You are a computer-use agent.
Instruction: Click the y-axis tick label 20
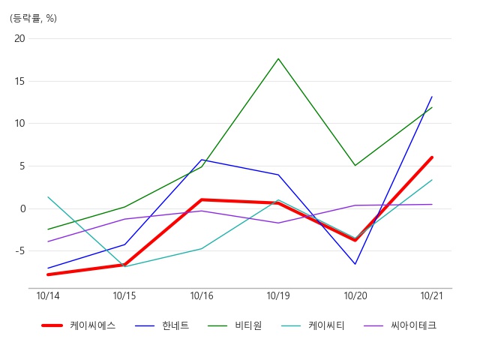click(19, 38)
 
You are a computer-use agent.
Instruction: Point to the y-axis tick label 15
click(19, 82)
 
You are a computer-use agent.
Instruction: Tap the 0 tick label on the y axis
click(23, 208)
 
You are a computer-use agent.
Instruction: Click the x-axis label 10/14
click(48, 295)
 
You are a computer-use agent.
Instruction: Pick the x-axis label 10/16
click(202, 295)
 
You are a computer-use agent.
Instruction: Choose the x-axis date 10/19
click(278, 295)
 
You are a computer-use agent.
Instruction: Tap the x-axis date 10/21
click(432, 295)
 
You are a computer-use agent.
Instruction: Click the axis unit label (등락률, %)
click(33, 18)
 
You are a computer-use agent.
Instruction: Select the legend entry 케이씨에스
click(93, 325)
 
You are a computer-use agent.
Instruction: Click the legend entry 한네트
click(175, 325)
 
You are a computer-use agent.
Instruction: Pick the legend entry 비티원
click(248, 325)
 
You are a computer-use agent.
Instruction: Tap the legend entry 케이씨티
click(326, 325)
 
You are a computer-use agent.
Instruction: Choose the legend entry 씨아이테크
click(413, 325)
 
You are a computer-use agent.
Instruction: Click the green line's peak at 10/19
click(278, 58)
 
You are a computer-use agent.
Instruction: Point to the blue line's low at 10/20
click(355, 264)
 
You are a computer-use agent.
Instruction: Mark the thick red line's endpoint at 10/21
click(432, 157)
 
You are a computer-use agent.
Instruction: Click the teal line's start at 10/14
click(48, 196)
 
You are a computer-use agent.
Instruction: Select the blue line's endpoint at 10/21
click(432, 97)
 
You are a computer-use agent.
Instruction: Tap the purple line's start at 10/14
click(48, 241)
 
